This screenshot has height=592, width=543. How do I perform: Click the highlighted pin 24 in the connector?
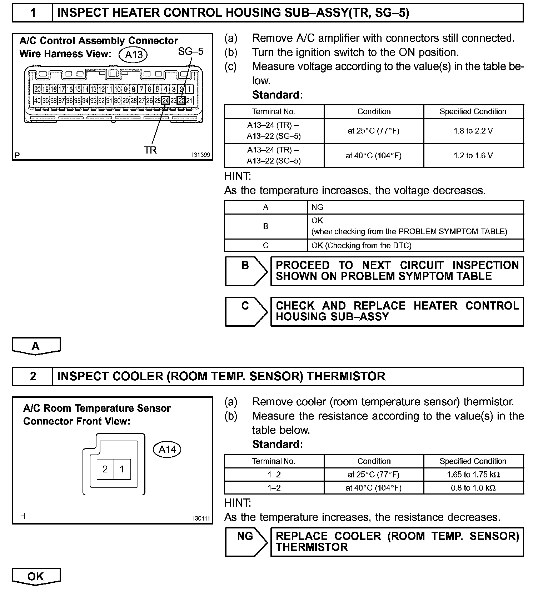coord(165,101)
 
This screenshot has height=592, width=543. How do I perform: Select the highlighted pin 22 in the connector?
coord(181,101)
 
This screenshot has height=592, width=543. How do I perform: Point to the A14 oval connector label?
coord(167,449)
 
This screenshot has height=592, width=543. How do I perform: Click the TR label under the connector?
coord(150,150)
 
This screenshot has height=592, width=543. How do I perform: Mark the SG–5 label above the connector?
coord(190,51)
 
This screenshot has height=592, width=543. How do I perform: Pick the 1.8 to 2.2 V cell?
coord(473,131)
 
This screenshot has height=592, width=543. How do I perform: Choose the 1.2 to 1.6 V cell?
coord(473,156)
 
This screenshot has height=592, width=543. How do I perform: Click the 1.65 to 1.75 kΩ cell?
coord(473,475)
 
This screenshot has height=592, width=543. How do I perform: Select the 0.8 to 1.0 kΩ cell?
coord(473,488)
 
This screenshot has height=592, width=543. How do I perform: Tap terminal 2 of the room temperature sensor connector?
coord(105,469)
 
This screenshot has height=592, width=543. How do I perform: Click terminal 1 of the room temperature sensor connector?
coord(122,469)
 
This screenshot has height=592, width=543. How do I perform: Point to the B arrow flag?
coord(246,271)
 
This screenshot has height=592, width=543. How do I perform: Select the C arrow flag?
coord(246,311)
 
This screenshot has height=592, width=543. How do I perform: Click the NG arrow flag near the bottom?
coord(246,542)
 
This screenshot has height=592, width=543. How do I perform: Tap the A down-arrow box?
coord(36,346)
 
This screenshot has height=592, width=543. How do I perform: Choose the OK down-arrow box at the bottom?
coord(36,576)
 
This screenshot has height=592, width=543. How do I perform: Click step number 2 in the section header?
coord(33,376)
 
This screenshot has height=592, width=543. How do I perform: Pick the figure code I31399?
coord(201,155)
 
